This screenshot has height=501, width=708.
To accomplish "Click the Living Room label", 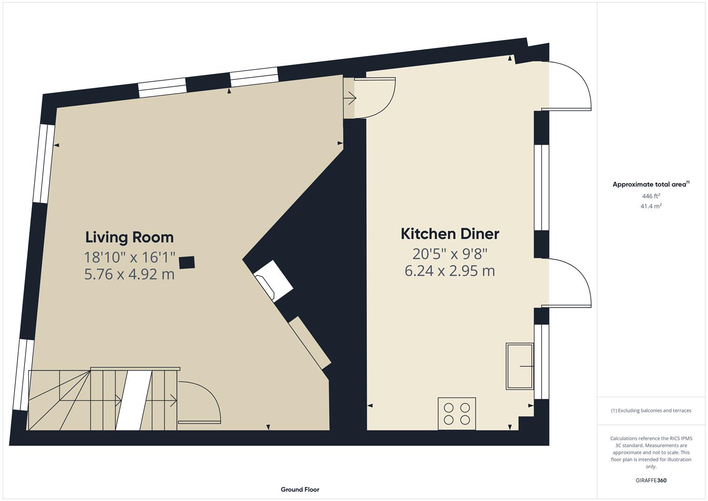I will pos(129,237).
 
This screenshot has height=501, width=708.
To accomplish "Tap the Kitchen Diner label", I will pos(450,234).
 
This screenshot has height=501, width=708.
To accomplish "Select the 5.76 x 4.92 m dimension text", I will pos(129,274).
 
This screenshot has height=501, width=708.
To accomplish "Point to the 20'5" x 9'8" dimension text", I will pos(450,254).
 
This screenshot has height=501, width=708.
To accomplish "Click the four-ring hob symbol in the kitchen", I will pos(457,413).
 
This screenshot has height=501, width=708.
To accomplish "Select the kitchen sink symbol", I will pos(519,366).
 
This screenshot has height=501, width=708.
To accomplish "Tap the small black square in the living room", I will pos(187,263).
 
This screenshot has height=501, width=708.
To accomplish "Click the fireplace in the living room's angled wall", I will pos(274,281).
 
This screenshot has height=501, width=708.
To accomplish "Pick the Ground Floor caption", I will pos(300,489).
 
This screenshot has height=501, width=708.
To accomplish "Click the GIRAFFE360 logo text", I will pos(651,480).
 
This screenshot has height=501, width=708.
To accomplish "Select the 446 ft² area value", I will pos(651,196).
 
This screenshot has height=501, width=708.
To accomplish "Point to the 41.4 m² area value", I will pos(651,206).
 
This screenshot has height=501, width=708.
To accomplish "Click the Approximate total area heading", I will pos(651,184).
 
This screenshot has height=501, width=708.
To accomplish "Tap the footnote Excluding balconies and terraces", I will pos(651,411).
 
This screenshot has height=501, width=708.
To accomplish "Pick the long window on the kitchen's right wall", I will pos(542,187).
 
